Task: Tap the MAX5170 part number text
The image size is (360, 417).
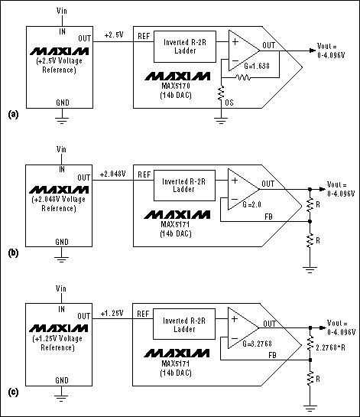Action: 181,87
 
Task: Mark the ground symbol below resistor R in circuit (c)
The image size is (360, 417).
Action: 310,406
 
